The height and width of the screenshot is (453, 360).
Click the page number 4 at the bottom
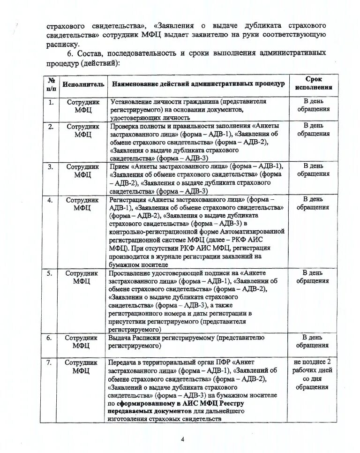pos(183,439)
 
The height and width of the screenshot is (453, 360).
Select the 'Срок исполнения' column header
pos(314,83)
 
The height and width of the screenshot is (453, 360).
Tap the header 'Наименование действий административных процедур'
pos(198,84)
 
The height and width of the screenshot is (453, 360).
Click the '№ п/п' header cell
pos(51,83)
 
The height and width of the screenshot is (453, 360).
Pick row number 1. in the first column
pos(51,102)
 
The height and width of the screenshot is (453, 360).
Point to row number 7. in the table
pos(51,362)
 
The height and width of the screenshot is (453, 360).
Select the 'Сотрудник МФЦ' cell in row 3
pos(82,170)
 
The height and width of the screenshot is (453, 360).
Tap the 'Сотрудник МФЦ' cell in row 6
pos(82,341)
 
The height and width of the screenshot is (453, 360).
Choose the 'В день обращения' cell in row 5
pos(313,277)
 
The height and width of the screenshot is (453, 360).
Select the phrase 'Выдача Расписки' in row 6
pos(134,337)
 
